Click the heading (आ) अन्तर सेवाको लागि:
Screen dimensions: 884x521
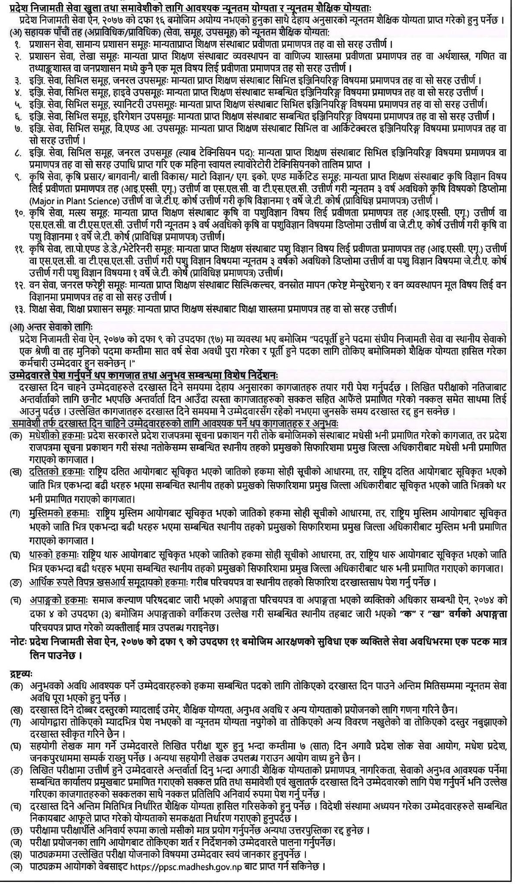(51, 327)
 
